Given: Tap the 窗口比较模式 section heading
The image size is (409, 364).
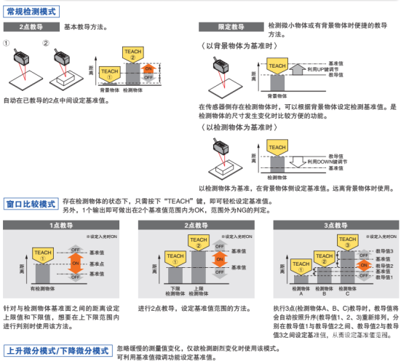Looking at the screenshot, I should tap(31, 203).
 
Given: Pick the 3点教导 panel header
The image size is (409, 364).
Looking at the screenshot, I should tap(335, 226).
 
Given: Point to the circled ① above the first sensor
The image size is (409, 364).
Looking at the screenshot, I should tap(7, 43).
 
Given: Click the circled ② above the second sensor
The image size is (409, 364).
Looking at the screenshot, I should tap(47, 43).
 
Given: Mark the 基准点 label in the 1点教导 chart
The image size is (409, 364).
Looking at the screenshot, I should tap(96, 262).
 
